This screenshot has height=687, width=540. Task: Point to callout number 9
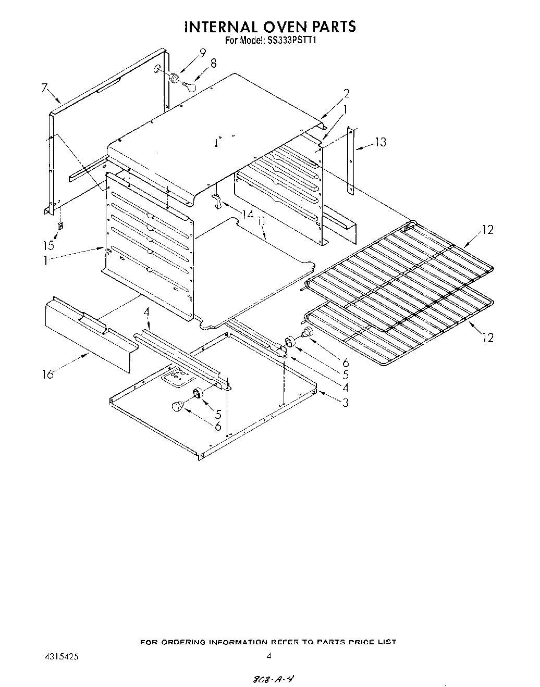(x=202, y=52)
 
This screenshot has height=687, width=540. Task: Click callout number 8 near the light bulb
(x=213, y=64)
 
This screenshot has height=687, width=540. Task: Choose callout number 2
(x=346, y=94)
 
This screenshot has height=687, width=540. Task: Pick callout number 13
(x=381, y=142)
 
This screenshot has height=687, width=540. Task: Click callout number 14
(x=248, y=214)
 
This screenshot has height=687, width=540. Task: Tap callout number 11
(x=262, y=221)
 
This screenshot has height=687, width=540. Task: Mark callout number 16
(x=48, y=373)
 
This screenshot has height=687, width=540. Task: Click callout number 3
(x=346, y=402)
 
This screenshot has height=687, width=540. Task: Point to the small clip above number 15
(x=60, y=226)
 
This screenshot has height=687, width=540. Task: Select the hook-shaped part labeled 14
(x=217, y=202)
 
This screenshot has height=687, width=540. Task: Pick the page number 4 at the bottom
(x=269, y=657)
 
